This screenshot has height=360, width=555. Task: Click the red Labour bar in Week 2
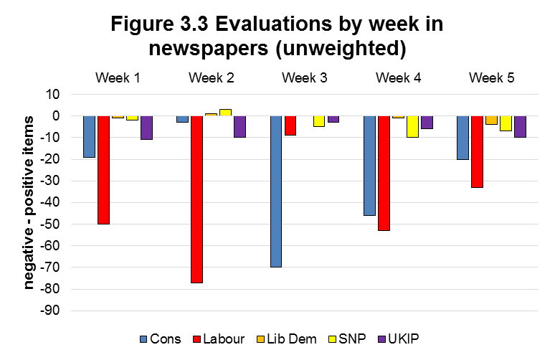(196, 199)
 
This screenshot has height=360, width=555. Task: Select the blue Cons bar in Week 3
(276, 191)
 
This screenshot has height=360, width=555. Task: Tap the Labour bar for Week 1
(103, 170)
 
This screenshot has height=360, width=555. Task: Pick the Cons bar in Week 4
(369, 166)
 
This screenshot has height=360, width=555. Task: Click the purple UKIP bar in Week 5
(520, 127)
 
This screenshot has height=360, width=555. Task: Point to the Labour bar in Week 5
(477, 151)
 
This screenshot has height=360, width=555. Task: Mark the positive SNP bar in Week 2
(225, 113)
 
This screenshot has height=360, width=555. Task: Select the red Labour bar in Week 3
(290, 125)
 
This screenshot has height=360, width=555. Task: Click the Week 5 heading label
(491, 77)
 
